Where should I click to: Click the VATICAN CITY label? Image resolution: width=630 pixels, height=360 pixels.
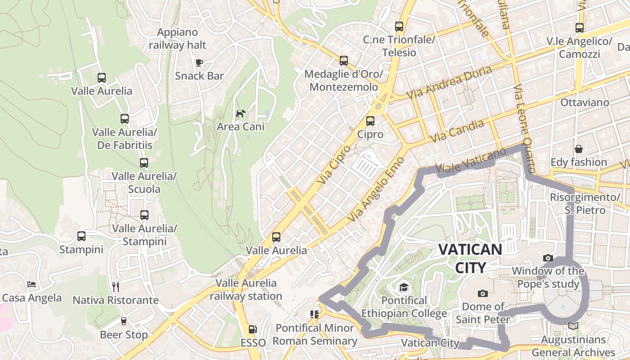(x=470, y=258)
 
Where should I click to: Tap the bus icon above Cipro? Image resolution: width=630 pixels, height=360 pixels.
(x=370, y=121)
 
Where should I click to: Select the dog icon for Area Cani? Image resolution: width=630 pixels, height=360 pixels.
(x=241, y=113)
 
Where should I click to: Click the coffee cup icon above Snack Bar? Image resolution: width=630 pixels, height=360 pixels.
(x=199, y=63)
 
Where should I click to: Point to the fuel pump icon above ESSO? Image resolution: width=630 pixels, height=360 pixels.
(x=253, y=329)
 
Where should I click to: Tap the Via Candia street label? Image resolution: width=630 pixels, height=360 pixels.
(x=457, y=130)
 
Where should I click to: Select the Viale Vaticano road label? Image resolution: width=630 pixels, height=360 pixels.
(x=471, y=161)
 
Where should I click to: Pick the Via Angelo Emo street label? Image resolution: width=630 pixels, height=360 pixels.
(x=376, y=189)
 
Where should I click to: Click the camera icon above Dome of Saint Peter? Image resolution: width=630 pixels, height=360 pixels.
(x=483, y=293)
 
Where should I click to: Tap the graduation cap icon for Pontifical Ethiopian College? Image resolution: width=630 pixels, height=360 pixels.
(x=404, y=287)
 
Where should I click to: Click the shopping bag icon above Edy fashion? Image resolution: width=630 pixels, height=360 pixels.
(x=579, y=148)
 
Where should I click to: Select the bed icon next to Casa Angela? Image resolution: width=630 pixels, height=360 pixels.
(x=31, y=284)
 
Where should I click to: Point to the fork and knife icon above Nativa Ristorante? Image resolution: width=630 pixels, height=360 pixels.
(x=116, y=287)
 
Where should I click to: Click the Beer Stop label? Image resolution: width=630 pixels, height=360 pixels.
(x=124, y=335)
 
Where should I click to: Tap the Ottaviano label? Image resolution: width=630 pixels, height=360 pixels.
(x=585, y=103)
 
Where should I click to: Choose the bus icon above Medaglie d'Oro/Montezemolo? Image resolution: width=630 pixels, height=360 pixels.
(x=344, y=60)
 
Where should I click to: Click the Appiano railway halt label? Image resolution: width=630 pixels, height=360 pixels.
(x=177, y=39)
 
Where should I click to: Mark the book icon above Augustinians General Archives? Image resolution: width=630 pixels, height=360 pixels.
(x=573, y=326)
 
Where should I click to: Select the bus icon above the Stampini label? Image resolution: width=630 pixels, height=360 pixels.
(x=81, y=236)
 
